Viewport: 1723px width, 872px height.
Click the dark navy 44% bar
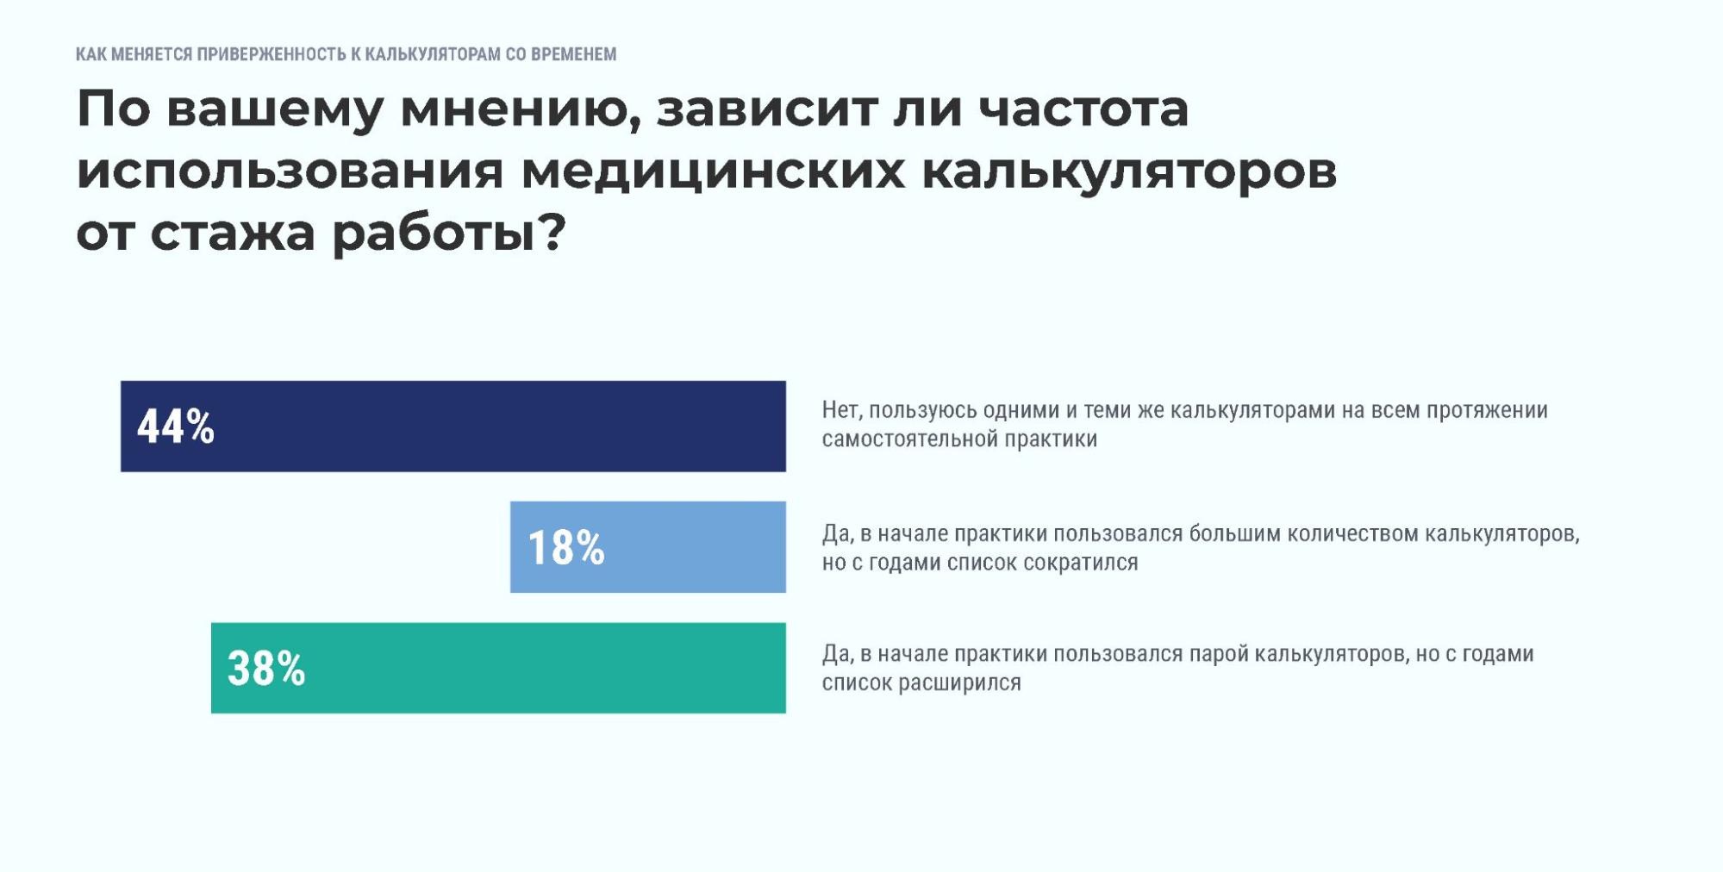453,426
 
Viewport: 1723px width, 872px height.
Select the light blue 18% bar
647,546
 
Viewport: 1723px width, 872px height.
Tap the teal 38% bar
498,668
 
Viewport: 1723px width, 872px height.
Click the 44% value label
176,427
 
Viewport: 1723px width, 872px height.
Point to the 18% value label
565,547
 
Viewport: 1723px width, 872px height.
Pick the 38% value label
266,669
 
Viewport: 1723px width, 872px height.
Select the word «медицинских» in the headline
713,171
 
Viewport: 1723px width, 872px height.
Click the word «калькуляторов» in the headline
1129,171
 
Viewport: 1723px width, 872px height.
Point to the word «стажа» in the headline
233,233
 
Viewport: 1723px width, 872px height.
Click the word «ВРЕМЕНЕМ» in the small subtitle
573,54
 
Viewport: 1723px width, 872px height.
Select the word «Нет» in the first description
839,410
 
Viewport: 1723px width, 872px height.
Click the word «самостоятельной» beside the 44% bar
902,439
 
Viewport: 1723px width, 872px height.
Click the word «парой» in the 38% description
1218,654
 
